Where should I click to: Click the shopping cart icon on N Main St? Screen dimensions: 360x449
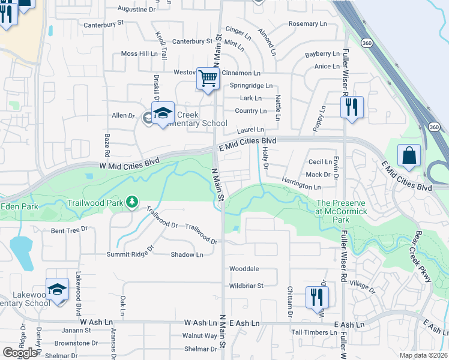[x=208, y=79]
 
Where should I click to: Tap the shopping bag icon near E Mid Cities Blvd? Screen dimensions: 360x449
[x=409, y=156]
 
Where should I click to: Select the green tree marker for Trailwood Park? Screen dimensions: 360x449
[x=131, y=203]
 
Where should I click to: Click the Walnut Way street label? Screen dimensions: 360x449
[x=200, y=335]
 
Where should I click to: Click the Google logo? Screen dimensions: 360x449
[x=20, y=353]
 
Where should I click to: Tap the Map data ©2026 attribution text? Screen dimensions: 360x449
[x=424, y=355]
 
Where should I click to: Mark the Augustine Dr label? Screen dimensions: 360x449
[x=136, y=10]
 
